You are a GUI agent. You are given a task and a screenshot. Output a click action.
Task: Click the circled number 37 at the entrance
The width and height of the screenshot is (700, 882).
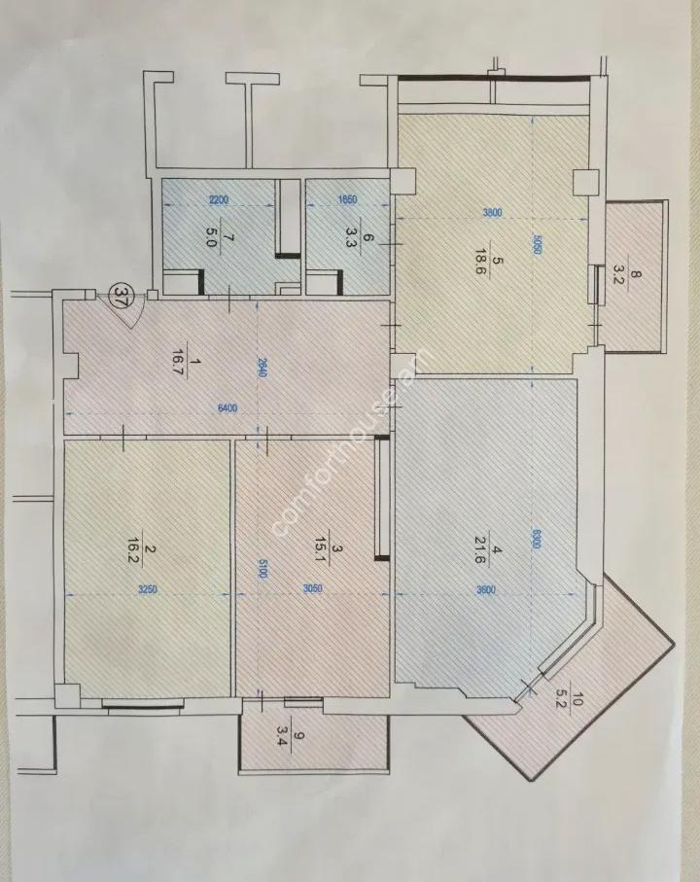122,294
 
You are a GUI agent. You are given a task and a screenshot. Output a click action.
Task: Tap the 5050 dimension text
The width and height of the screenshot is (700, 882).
534,247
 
